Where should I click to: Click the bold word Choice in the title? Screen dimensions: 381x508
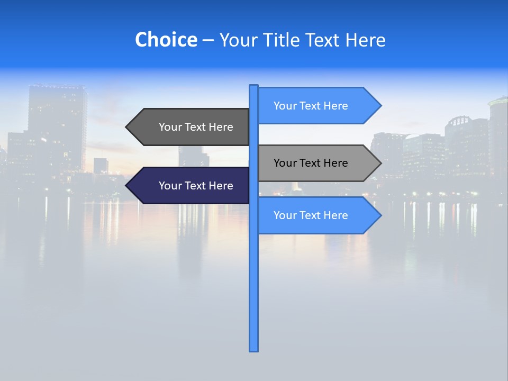point(166,40)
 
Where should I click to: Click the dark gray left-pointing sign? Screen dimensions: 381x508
point(190,127)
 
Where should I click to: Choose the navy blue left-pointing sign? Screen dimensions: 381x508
point(190,186)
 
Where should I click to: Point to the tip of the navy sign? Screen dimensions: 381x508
point(127,186)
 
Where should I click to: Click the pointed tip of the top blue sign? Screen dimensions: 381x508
point(380,106)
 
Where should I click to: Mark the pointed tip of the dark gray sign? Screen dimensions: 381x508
point(127,127)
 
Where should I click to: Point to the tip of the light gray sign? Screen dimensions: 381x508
point(380,163)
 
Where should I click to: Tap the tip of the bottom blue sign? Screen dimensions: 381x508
point(380,215)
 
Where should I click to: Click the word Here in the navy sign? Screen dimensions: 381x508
point(221,186)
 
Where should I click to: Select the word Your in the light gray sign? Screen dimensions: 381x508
point(285,163)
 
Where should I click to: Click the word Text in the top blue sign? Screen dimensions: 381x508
point(311,106)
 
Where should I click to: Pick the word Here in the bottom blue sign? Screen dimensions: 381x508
point(335,215)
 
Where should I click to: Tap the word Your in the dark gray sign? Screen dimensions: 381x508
point(170,127)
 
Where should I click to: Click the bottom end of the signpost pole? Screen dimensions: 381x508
point(254,349)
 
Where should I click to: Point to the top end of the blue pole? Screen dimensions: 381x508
point(254,86)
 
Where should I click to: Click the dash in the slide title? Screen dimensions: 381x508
point(208,40)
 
